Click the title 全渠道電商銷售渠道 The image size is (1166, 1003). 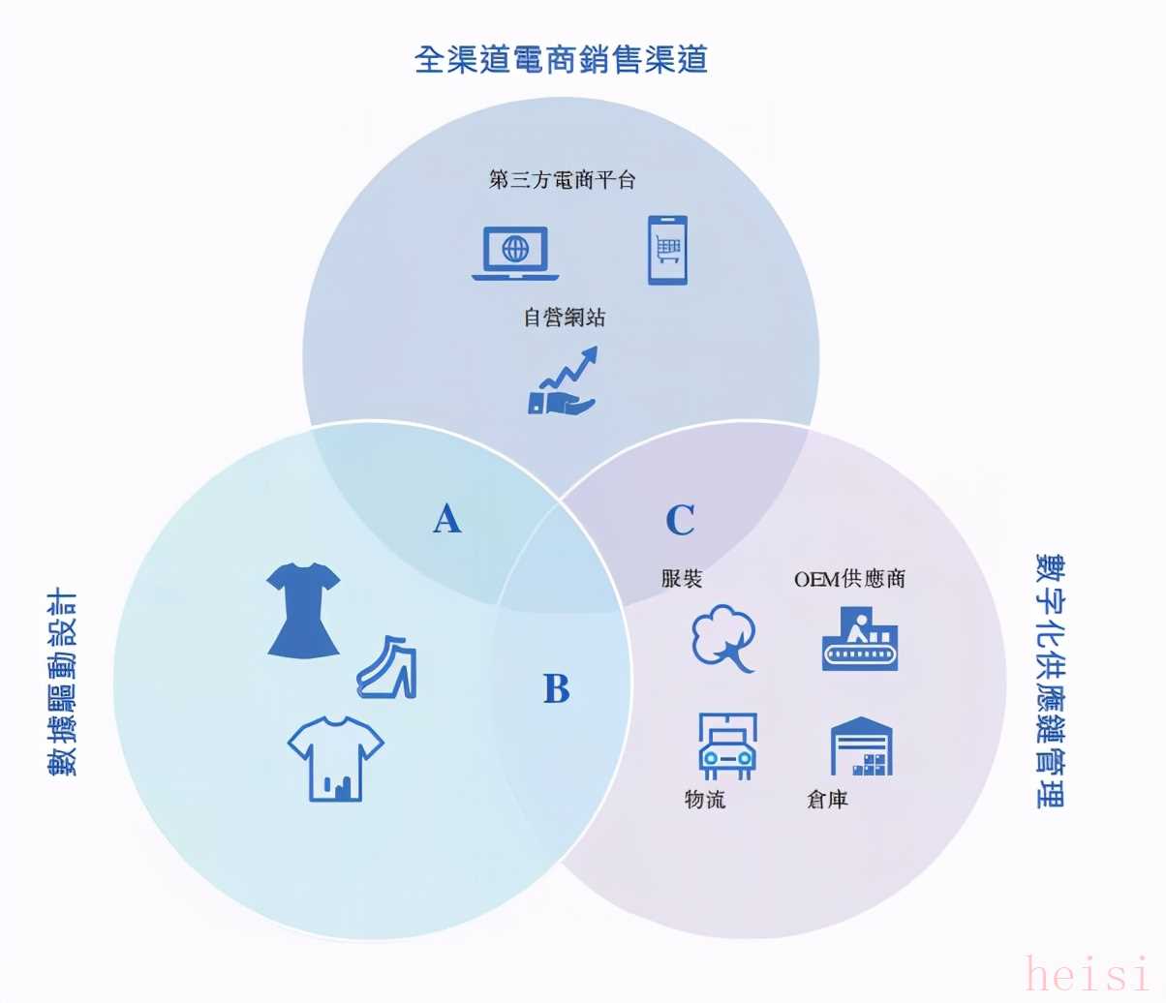point(561,59)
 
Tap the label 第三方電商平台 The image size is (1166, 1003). point(563,180)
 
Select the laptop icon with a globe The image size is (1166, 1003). point(515,253)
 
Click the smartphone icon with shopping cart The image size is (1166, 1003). point(667,250)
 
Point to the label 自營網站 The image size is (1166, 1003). point(564,318)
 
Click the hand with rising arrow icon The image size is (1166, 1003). point(563,380)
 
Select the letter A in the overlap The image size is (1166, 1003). point(447,518)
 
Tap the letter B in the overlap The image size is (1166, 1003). point(556,687)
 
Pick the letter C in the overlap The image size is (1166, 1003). point(680,519)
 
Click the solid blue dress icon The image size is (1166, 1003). point(303,610)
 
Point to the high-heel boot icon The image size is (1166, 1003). point(387,667)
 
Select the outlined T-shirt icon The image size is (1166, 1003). point(336,758)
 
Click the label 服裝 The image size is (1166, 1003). point(682,578)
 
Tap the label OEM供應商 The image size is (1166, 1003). point(849,579)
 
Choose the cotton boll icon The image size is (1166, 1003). point(723,639)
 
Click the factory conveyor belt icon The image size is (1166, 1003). point(860,639)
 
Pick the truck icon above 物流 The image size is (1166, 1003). point(727,745)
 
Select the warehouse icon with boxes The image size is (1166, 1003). point(861,745)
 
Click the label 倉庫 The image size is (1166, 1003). point(827,799)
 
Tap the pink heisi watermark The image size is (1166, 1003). point(1087,973)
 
